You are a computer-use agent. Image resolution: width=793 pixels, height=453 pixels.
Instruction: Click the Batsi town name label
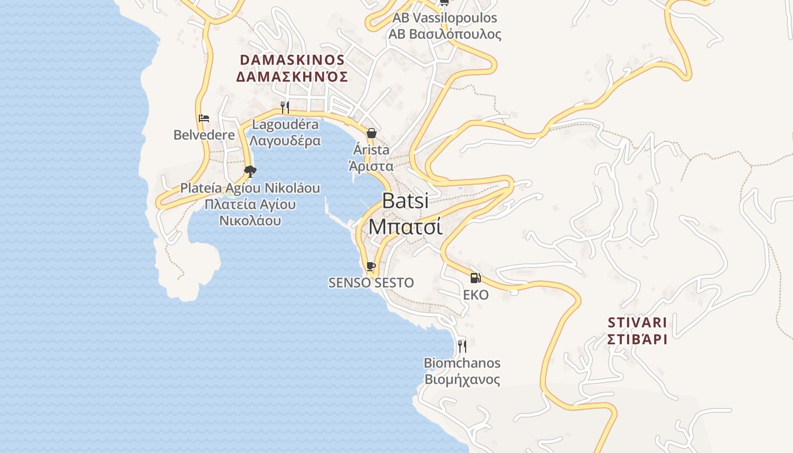click(405, 201)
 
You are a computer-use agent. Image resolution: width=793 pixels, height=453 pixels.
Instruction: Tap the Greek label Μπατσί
click(405, 226)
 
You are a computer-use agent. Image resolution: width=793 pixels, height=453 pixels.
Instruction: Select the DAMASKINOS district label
click(292, 60)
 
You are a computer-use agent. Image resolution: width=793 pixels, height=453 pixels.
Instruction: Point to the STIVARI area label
click(637, 323)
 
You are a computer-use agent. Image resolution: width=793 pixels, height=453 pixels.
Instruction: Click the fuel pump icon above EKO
click(475, 277)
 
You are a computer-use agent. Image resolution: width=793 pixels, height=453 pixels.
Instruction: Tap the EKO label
click(475, 295)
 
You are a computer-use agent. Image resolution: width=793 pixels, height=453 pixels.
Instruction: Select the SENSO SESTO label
click(371, 283)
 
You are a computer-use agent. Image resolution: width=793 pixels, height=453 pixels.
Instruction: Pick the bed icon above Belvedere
click(204, 118)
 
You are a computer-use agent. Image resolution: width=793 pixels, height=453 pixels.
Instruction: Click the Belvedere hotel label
click(204, 135)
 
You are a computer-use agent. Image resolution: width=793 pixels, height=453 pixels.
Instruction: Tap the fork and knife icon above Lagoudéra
click(285, 107)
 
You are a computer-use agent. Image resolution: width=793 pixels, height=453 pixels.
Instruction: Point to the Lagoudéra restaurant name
click(285, 125)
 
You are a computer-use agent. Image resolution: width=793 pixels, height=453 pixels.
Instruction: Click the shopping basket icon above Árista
click(371, 133)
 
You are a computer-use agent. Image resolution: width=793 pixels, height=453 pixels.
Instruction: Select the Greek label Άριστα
click(371, 166)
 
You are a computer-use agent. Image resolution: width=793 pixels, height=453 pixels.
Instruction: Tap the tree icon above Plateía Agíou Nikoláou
click(250, 171)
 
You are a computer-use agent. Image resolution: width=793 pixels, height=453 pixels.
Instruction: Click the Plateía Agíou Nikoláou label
click(250, 188)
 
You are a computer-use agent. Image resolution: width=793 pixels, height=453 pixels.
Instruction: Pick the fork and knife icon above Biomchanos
click(462, 345)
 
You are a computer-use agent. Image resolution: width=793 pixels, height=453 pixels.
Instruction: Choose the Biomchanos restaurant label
click(462, 363)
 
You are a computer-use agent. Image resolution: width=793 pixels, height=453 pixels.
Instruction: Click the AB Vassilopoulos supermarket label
click(445, 18)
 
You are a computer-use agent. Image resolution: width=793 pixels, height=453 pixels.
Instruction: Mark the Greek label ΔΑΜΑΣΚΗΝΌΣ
click(292, 76)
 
